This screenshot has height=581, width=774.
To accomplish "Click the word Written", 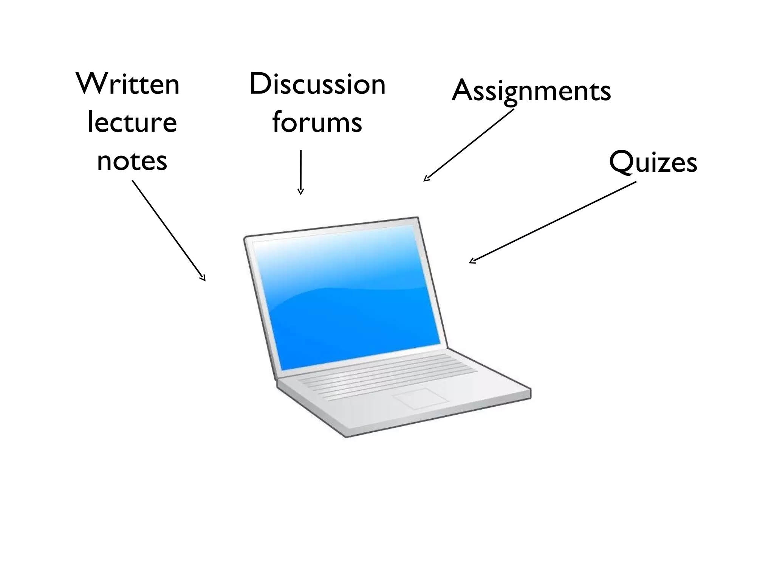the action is pyautogui.click(x=128, y=84).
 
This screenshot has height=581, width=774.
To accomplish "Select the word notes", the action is pyautogui.click(x=132, y=161).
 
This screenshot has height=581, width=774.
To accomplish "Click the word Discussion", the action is pyautogui.click(x=317, y=84).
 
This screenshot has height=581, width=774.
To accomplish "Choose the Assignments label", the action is pyautogui.click(x=531, y=91).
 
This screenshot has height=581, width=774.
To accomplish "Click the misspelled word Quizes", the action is pyautogui.click(x=653, y=162).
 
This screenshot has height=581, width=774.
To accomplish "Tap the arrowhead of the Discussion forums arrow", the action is pyautogui.click(x=300, y=192).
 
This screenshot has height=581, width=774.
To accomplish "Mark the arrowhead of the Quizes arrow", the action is pyautogui.click(x=472, y=261).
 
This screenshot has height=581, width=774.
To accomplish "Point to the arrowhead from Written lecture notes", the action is pyautogui.click(x=203, y=278).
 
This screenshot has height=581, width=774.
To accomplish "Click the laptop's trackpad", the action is pyautogui.click(x=420, y=398).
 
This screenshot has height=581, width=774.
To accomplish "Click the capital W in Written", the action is pyautogui.click(x=90, y=84).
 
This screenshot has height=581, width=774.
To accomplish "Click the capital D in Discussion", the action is pyautogui.click(x=261, y=84).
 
